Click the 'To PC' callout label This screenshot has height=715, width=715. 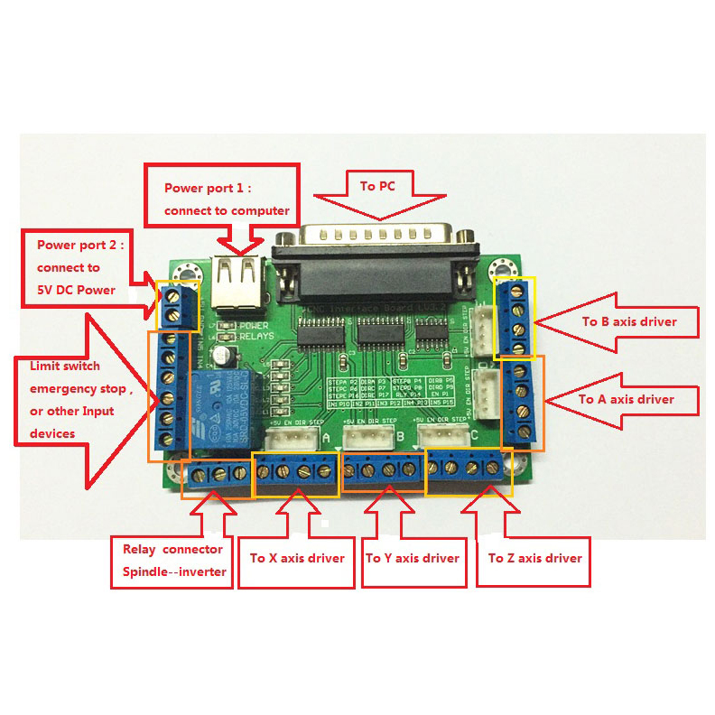click(x=380, y=187)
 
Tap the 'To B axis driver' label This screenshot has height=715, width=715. click(x=628, y=321)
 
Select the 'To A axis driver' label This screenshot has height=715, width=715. click(x=627, y=399)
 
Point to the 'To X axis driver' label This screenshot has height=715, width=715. click(x=297, y=558)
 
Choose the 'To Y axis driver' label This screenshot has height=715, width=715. click(x=412, y=558)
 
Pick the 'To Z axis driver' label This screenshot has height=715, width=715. click(x=534, y=558)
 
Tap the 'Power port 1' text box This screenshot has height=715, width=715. click(x=227, y=200)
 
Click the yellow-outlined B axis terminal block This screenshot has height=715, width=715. click(x=516, y=318)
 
